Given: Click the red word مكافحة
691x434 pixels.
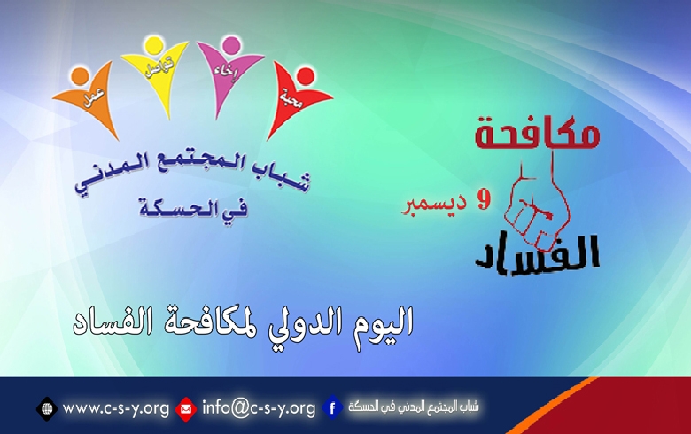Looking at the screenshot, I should tap(537, 134).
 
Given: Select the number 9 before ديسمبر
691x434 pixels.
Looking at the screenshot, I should tap(483, 201).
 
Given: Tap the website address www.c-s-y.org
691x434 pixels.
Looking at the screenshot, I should tap(115, 408).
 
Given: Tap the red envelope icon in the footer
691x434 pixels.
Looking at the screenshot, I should tap(186, 408).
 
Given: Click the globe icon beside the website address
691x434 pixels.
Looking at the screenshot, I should tap(47, 408).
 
